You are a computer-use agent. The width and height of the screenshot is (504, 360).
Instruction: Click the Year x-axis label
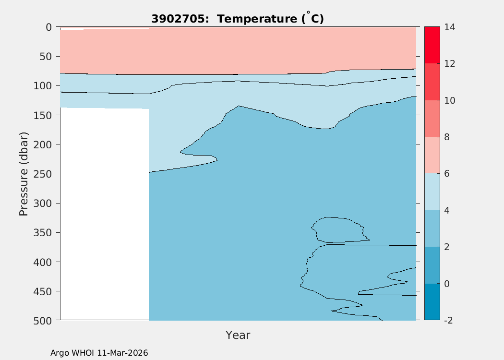pyautogui.click(x=238, y=335)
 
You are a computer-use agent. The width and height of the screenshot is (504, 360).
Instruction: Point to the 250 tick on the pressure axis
pyautogui.click(x=45, y=174)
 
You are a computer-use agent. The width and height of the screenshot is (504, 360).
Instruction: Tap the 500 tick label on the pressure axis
pyautogui.click(x=45, y=320)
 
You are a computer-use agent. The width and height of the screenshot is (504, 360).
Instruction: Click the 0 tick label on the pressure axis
pyautogui.click(x=49, y=27)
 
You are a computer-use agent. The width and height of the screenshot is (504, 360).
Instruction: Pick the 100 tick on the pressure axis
pyautogui.click(x=45, y=86)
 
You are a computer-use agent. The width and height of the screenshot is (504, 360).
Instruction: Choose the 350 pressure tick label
pyautogui.click(x=45, y=233)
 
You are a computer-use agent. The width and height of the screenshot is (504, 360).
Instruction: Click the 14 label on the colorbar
pyautogui.click(x=449, y=27)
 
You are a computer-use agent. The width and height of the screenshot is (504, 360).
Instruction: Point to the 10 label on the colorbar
pyautogui.click(x=449, y=101)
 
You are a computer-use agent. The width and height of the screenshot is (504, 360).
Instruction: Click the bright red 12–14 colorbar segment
pyautogui.click(x=432, y=45)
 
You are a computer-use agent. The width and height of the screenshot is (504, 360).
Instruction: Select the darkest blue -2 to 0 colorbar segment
pyautogui.click(x=432, y=302)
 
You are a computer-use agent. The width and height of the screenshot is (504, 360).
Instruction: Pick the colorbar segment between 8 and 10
pyautogui.click(x=432, y=119)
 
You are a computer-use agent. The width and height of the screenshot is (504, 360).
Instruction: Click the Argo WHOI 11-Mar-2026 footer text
pyautogui.click(x=99, y=353)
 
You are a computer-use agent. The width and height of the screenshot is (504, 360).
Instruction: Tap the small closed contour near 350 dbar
pyautogui.click(x=338, y=229)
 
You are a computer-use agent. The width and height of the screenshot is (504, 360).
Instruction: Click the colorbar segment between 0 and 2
pyautogui.click(x=432, y=265)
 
